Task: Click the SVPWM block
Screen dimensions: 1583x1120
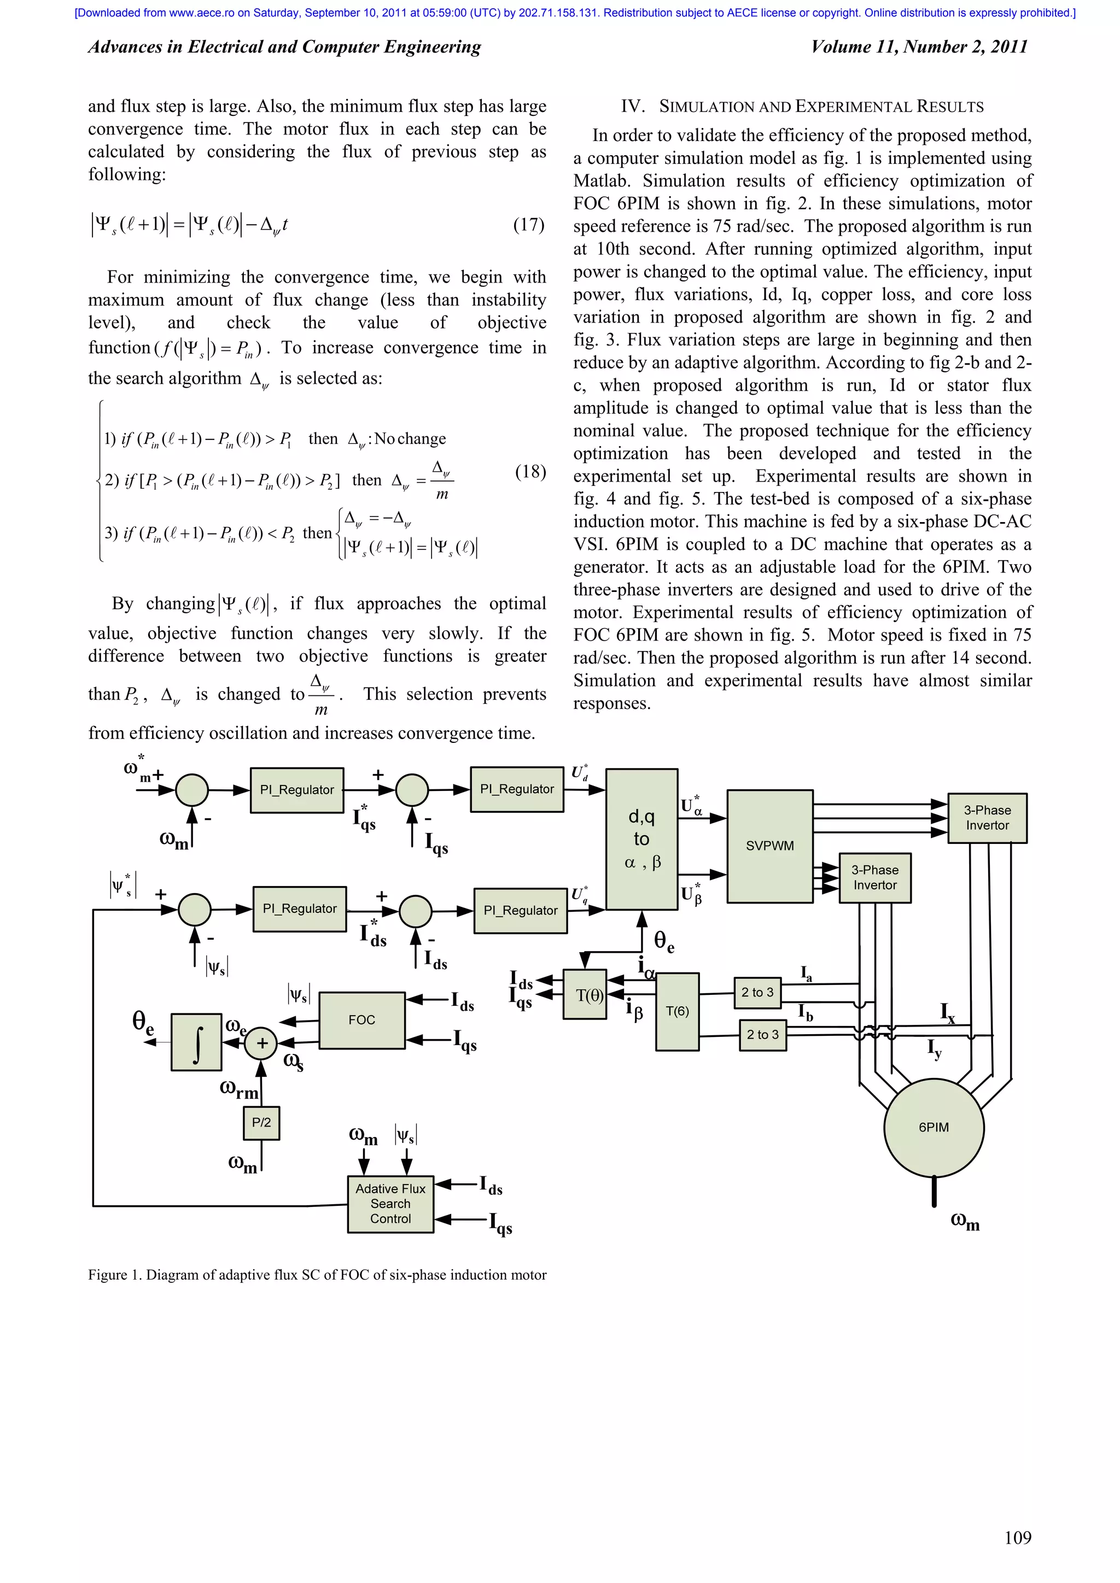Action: click(769, 846)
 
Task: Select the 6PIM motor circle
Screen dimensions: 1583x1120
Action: click(934, 1127)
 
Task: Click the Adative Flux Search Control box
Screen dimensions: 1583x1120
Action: click(390, 1204)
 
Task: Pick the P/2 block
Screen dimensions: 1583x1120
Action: click(261, 1122)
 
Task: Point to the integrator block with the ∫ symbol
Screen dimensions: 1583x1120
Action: click(196, 1042)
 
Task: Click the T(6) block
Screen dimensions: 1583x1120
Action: click(677, 1011)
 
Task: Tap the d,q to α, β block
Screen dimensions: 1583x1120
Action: click(641, 839)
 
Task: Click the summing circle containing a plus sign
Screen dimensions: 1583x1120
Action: click(262, 1043)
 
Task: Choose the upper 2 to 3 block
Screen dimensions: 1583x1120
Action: click(757, 993)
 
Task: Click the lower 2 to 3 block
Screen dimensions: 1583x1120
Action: click(763, 1035)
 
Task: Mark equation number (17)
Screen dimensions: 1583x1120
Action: click(528, 225)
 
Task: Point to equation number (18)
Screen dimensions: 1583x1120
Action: click(530, 472)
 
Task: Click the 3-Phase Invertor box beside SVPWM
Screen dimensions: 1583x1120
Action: click(875, 878)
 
